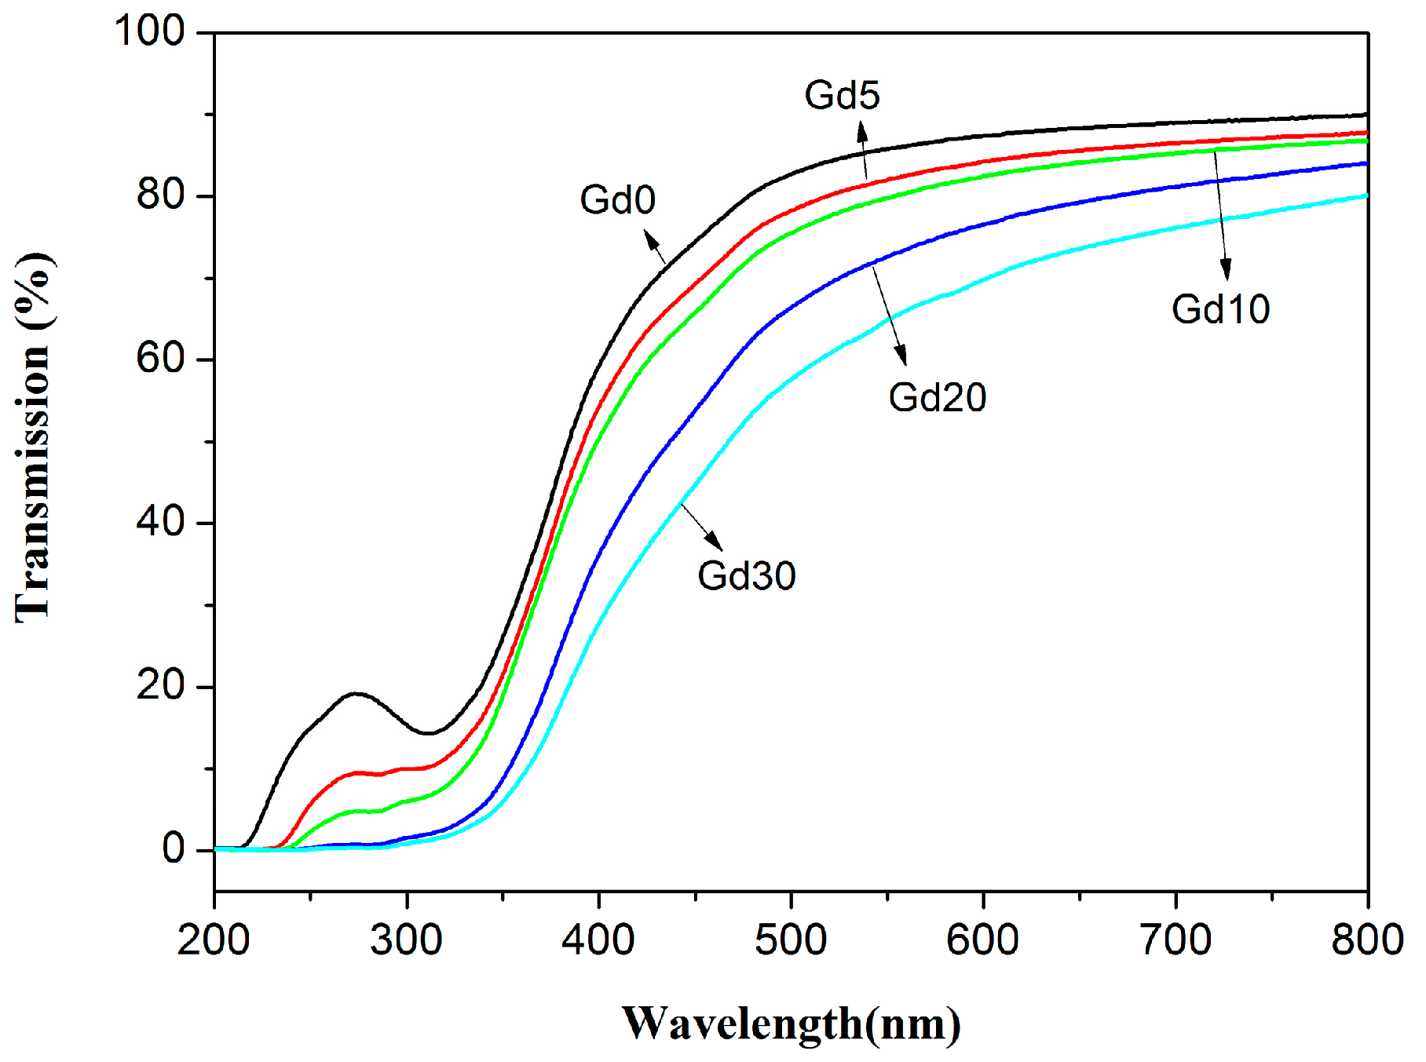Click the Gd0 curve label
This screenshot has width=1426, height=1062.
(x=617, y=200)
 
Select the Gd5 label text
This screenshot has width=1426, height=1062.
(x=842, y=96)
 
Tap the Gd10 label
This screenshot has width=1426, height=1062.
(x=1220, y=309)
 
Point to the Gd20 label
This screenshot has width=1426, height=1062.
(x=937, y=397)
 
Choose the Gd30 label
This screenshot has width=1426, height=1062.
(x=746, y=576)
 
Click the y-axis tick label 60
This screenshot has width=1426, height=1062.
(x=160, y=359)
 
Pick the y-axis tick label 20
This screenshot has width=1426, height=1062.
(x=160, y=686)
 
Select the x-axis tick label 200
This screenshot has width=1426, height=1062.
(x=214, y=940)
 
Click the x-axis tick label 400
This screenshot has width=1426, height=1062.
(x=598, y=940)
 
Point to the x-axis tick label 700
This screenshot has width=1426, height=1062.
(x=1176, y=940)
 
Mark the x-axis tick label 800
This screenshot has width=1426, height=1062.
(x=1367, y=940)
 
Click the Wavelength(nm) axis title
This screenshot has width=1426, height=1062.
(x=791, y=1024)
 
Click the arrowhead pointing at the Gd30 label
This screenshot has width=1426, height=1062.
(x=715, y=542)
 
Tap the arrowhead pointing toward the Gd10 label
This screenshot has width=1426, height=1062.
(x=1226, y=270)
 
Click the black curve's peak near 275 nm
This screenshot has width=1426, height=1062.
(x=356, y=693)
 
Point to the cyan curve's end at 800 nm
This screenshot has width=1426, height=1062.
(x=1366, y=195)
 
